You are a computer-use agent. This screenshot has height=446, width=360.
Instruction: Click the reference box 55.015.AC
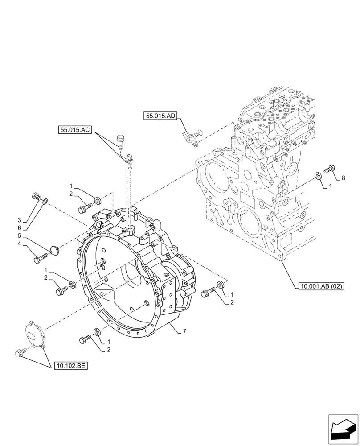tap(74, 130)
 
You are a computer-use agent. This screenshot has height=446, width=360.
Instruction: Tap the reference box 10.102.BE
tap(71, 366)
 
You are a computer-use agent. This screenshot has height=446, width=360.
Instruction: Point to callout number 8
tap(343, 178)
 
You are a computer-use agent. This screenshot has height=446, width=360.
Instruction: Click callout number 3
tap(20, 220)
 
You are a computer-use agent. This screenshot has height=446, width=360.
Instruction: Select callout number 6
tap(20, 227)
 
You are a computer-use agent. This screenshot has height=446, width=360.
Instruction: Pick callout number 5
tap(20, 235)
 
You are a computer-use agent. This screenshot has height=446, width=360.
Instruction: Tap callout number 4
tap(20, 244)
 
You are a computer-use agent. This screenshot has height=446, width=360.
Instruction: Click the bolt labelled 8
tap(329, 169)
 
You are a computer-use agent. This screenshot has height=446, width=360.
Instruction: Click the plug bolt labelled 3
tap(36, 196)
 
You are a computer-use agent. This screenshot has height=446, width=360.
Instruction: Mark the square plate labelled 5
tap(55, 250)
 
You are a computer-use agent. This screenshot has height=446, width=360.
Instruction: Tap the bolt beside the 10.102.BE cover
tap(20, 353)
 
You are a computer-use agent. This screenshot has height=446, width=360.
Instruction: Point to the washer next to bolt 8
tap(318, 176)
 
